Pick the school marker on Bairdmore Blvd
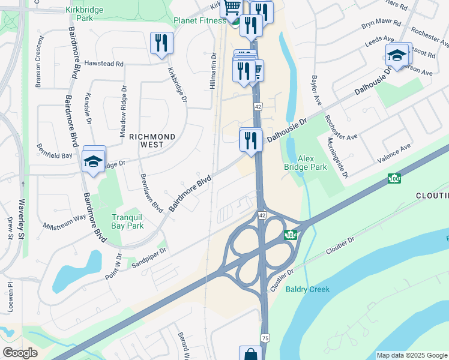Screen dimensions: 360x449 click(x=93, y=159)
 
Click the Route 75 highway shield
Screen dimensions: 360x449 click(x=265, y=338)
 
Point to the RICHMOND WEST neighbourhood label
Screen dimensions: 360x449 click(x=152, y=141)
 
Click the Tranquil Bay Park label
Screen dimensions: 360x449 click(x=127, y=221)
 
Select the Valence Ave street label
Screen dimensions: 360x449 click(x=394, y=153)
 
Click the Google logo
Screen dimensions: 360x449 click(x=20, y=353)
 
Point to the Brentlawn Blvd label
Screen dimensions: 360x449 click(x=151, y=193)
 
